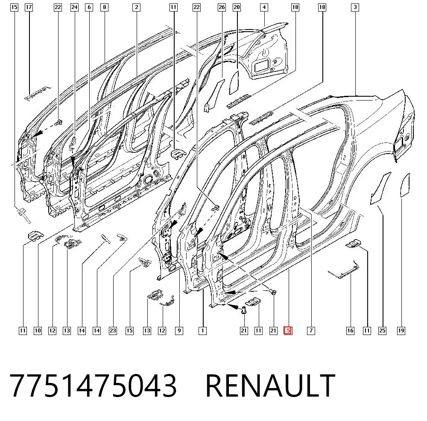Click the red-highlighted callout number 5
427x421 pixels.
click(288, 331)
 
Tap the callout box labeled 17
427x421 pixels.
click(29, 7)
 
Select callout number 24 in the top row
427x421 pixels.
click(74, 7)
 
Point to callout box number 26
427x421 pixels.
click(222, 7)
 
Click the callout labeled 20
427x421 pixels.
click(237, 7)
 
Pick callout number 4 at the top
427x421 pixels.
click(264, 7)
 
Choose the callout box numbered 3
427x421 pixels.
click(355, 7)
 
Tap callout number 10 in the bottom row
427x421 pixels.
click(38, 331)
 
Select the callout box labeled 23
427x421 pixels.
click(113, 331)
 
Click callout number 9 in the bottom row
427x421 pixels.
click(179, 331)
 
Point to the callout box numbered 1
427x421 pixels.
click(202, 331)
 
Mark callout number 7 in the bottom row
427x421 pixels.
click(311, 331)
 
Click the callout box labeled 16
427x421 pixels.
click(350, 331)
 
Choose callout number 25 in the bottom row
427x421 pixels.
click(382, 331)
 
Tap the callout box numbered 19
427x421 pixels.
click(401, 331)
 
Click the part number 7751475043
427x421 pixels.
click(93, 385)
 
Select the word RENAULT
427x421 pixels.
click(270, 385)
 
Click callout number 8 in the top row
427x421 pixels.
click(104, 7)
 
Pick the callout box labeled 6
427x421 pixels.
click(89, 7)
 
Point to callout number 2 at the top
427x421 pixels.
click(137, 7)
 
